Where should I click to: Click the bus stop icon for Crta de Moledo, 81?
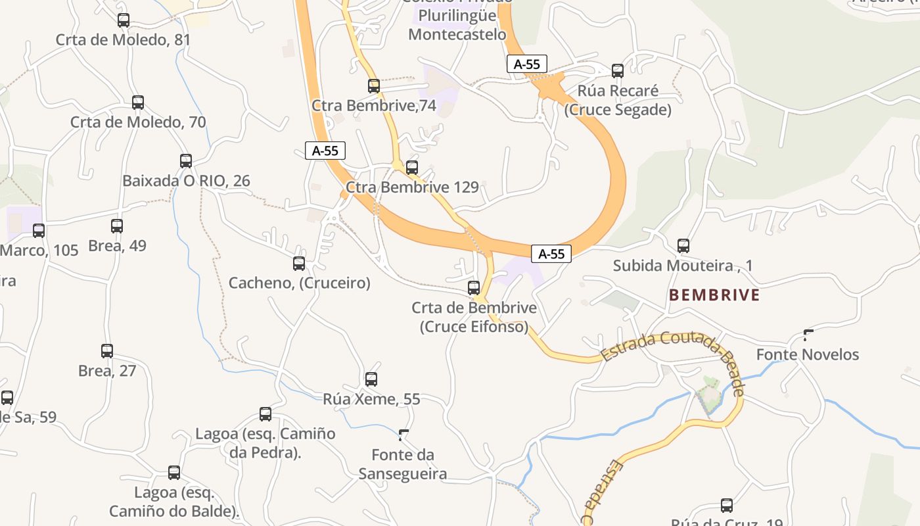coord(124,20)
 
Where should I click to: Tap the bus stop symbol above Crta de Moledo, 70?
coord(138,103)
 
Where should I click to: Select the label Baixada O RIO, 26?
coord(186,181)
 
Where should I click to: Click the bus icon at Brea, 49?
coord(117,226)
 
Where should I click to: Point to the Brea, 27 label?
coord(107,371)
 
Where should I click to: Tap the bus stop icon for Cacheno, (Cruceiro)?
coord(299,264)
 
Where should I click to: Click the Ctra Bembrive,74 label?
coord(374,106)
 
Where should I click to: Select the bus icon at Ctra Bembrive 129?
coord(412,168)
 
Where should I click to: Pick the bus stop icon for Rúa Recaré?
coord(618,71)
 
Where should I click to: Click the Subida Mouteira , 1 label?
coord(683,266)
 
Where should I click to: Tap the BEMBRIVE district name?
coord(714,295)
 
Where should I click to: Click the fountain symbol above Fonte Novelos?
coord(808,335)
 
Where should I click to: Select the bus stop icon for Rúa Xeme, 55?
coord(371,379)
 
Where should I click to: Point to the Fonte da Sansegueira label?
coord(403,464)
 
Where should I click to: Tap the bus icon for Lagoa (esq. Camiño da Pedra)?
coord(265,414)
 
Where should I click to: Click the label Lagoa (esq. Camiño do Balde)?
coord(174,502)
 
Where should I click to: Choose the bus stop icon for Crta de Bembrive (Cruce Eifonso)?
coord(474,288)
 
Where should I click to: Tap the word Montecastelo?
coord(457,34)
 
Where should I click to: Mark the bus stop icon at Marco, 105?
coord(39,231)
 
